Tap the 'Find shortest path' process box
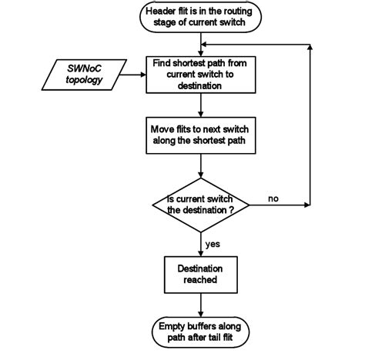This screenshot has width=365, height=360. coord(200,75)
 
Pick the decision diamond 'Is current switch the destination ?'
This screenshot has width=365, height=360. coord(200,205)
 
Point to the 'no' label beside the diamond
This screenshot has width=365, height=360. coord(273,199)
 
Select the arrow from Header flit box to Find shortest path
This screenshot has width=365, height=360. coord(200,45)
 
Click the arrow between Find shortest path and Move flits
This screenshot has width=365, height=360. coord(200,104)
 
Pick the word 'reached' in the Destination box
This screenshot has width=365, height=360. coord(200,280)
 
